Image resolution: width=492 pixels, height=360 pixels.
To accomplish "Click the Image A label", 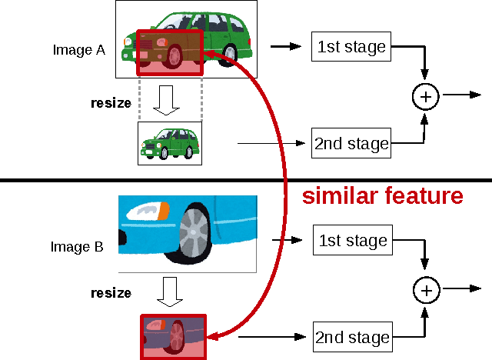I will (x=78, y=50).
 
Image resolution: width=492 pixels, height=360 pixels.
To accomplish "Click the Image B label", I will (x=76, y=247).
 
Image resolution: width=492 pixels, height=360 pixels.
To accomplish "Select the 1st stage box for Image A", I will (x=351, y=46).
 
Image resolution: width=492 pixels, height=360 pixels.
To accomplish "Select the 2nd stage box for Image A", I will (x=351, y=143).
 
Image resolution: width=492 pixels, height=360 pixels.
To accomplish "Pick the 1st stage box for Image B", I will (x=351, y=241).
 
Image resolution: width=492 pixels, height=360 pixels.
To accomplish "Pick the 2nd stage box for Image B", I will (x=351, y=338).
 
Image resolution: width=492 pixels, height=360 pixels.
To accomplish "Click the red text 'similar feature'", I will (x=382, y=196).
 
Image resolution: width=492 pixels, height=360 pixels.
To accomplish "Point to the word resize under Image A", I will (x=111, y=102).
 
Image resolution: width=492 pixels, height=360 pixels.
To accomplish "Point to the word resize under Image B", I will (x=111, y=292).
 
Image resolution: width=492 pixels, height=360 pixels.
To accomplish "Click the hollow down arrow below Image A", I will (x=166, y=100).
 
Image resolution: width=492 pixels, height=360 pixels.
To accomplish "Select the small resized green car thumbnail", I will (x=169, y=143).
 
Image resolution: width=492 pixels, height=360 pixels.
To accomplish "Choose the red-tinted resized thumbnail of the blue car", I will (x=173, y=336).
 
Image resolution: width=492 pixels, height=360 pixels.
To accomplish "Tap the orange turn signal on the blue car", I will (x=163, y=210).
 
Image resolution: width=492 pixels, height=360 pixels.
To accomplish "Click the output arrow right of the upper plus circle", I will (x=461, y=96).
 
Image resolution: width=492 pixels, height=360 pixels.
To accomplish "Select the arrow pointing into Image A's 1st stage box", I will (x=287, y=46).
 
